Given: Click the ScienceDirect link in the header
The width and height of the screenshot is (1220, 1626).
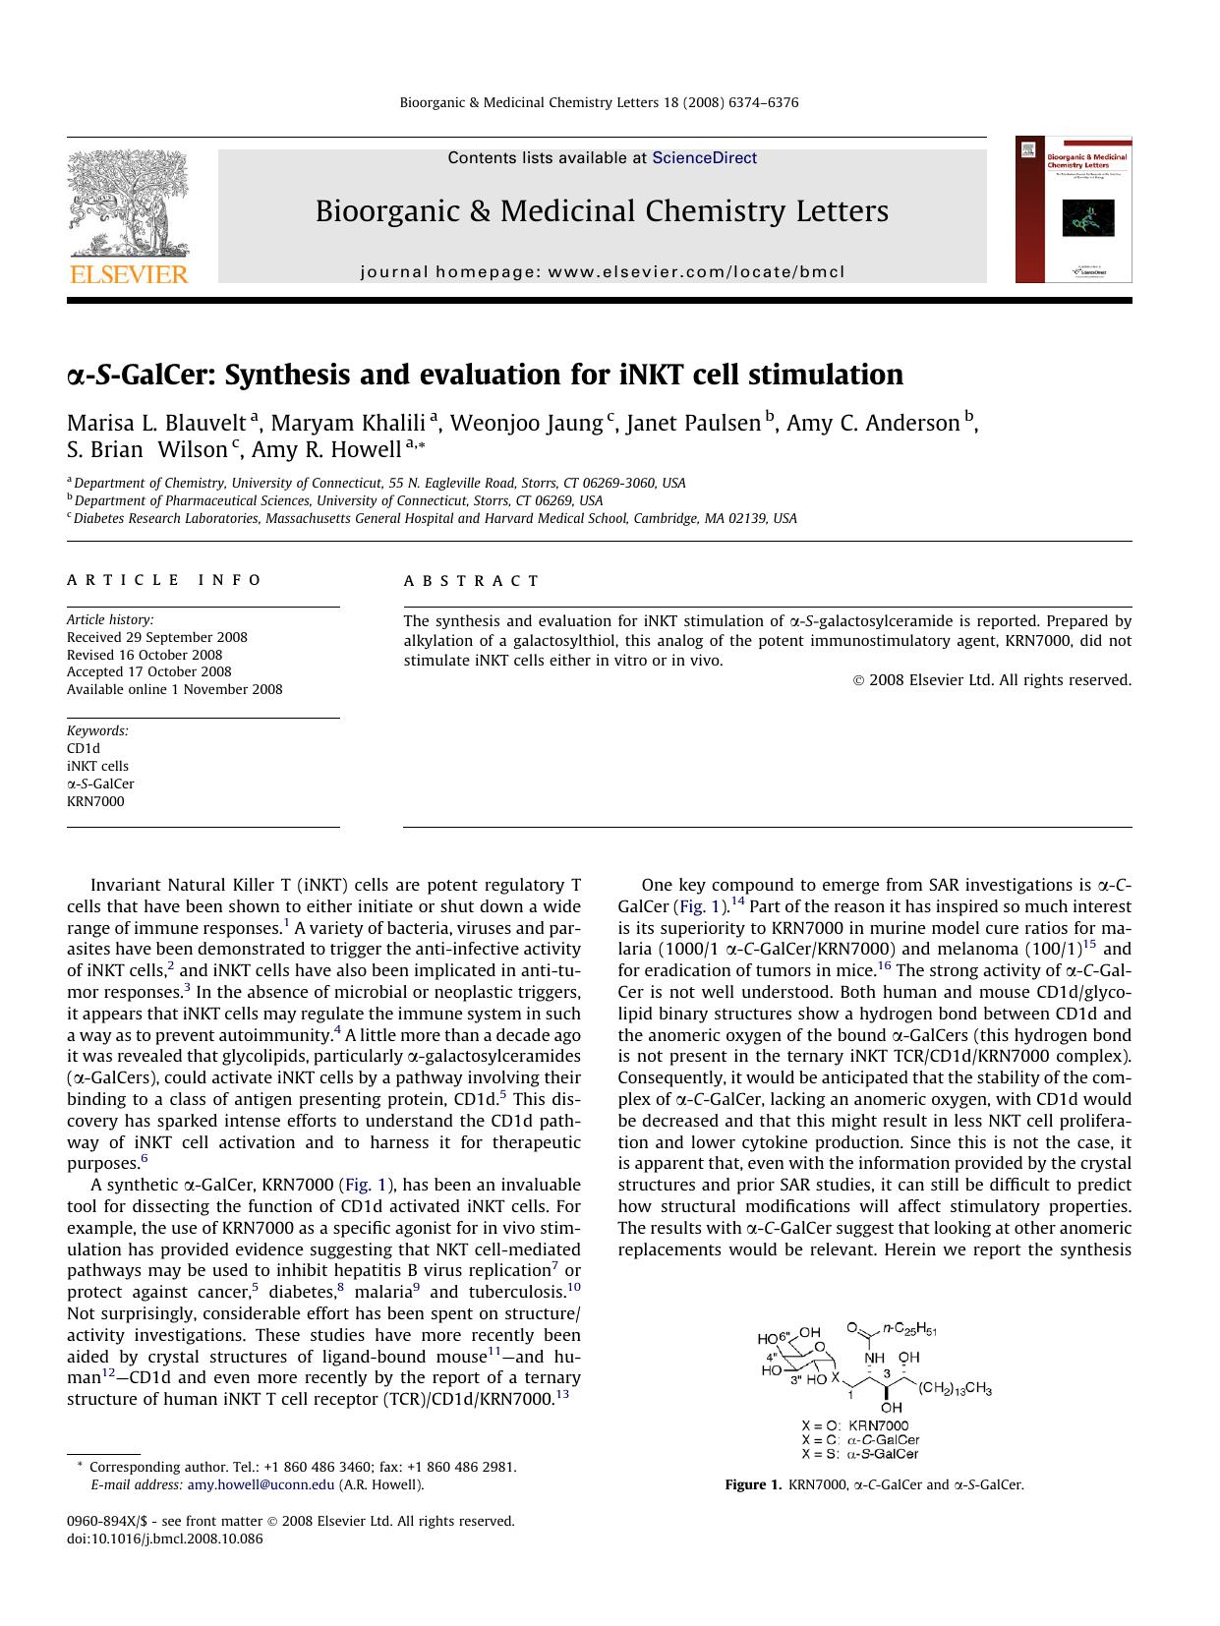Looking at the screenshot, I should [704, 157].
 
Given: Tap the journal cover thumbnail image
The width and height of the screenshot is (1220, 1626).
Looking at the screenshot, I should [1074, 209].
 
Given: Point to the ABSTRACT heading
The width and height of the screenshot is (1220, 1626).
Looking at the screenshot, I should [471, 581].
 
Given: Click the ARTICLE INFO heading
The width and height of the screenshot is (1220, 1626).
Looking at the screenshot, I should [164, 580].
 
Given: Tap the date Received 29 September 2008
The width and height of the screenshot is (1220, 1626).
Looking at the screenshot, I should [157, 637].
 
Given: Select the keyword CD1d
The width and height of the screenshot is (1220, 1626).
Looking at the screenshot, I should [84, 748].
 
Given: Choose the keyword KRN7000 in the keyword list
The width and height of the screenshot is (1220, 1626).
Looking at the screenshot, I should [95, 801].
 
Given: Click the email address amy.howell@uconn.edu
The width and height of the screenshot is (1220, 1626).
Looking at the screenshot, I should [261, 1484].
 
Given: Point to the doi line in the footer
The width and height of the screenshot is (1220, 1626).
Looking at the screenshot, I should [164, 1539].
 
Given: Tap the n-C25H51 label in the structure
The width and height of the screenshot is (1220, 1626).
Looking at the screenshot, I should [909, 1329].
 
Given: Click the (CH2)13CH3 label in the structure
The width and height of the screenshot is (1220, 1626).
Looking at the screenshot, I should [955, 1389].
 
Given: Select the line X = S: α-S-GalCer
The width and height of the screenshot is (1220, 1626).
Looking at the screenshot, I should [860, 1453].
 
